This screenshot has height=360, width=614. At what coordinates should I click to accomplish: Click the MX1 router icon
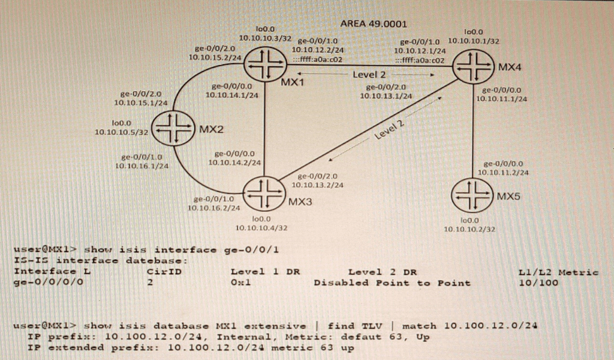point(264,65)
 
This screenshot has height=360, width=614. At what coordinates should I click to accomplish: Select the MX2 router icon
point(173,128)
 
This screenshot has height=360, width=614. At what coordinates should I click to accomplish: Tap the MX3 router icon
point(264,193)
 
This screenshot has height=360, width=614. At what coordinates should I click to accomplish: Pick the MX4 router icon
point(474,66)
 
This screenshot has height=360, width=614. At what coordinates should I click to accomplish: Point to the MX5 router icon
point(472,195)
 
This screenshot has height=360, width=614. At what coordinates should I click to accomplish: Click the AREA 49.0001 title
point(374,24)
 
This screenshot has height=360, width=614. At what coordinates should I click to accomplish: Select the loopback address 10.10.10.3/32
point(265,38)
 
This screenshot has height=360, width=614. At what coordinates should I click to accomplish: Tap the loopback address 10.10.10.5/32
point(121,132)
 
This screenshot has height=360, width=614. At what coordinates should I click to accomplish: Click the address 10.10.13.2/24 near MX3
point(317,185)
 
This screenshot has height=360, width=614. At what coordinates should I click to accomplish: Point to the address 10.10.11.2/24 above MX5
point(503,172)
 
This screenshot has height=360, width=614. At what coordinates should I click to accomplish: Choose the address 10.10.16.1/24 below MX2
point(142,166)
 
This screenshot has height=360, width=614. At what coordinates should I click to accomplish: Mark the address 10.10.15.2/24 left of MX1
point(215,57)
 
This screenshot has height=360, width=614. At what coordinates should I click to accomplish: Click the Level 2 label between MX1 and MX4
point(369,74)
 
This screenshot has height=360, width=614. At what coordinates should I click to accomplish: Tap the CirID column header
point(164,271)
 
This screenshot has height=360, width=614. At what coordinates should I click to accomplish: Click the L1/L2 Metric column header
point(559,272)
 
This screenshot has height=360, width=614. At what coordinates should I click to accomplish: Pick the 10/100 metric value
point(538,283)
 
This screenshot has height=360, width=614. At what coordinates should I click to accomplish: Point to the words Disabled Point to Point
point(392,283)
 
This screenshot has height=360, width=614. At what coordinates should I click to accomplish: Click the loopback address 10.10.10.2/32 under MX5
point(469,229)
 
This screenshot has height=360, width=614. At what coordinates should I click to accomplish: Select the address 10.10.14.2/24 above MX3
point(234,162)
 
